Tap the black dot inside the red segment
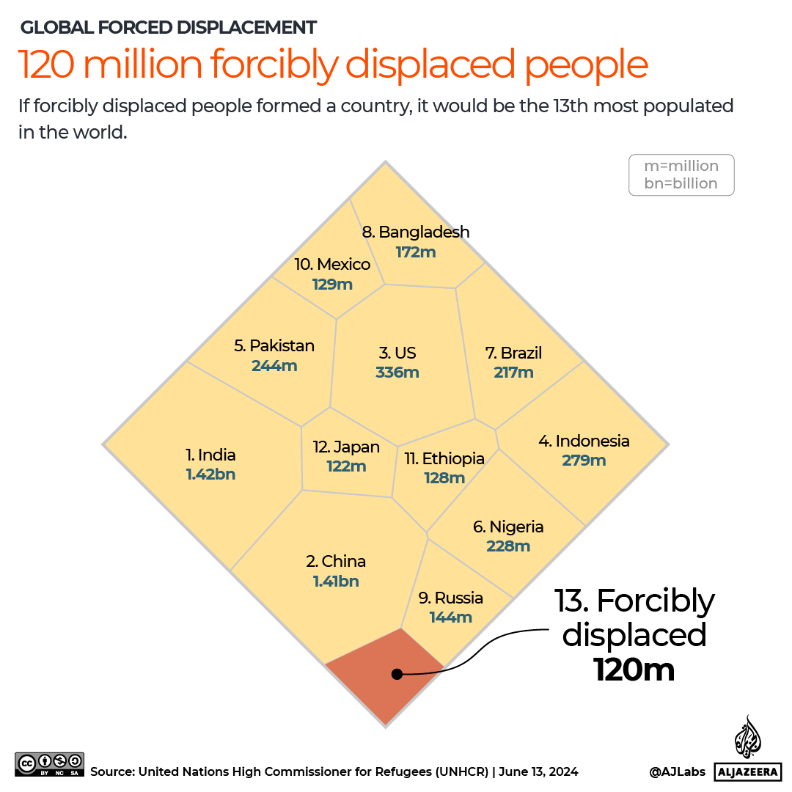click(397, 674)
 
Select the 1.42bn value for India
click(210, 474)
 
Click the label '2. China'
click(336, 562)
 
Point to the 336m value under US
click(397, 373)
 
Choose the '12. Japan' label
click(346, 447)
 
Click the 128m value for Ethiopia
click(444, 478)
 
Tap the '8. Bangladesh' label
click(416, 232)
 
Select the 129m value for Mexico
click(332, 285)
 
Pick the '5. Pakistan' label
click(274, 346)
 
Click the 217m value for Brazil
click(513, 373)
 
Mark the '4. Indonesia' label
click(584, 441)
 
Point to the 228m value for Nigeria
click(508, 546)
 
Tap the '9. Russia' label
click(450, 598)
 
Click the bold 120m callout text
click(634, 670)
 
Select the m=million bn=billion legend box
click(681, 175)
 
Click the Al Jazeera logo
click(747, 748)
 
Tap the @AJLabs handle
click(677, 771)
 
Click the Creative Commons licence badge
click(49, 764)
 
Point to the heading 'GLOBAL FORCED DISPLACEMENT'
click(169, 28)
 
